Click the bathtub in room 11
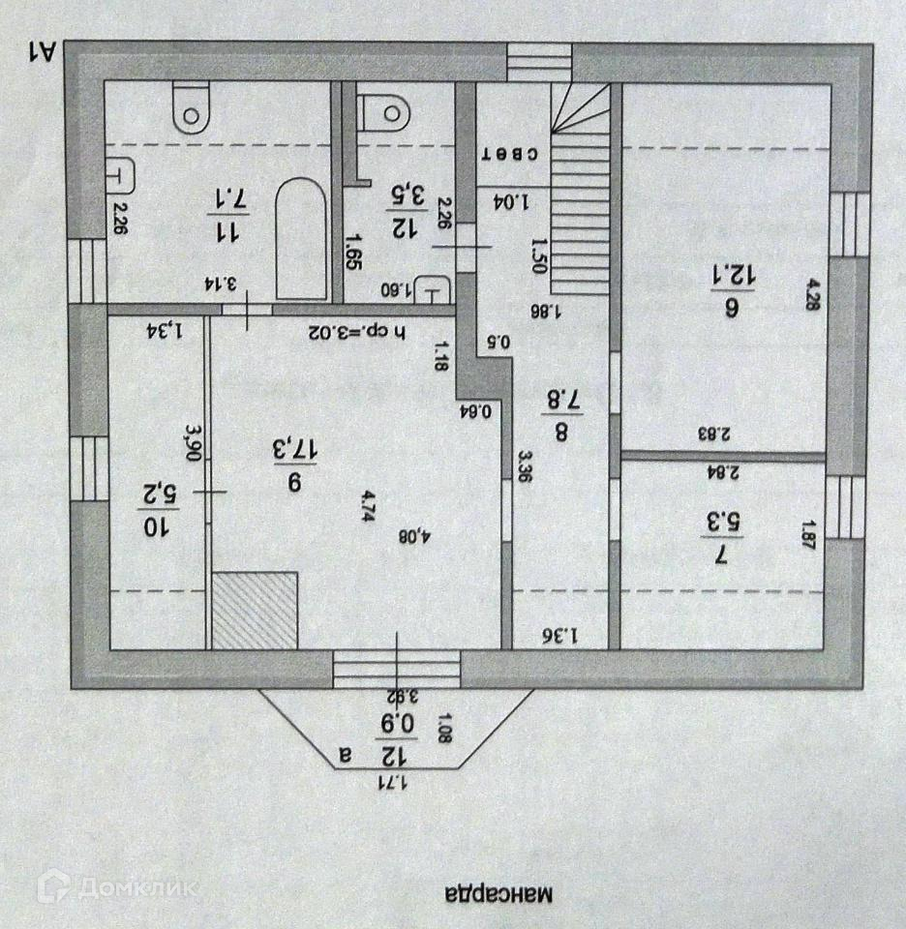[301, 239]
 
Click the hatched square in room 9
[255, 610]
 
